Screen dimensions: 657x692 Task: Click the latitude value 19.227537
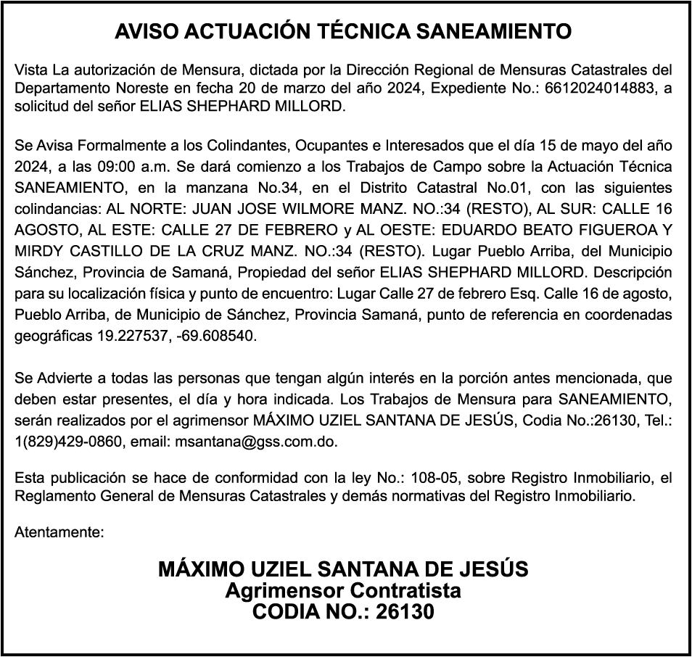[x=131, y=336]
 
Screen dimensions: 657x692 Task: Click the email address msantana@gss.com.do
[x=257, y=441]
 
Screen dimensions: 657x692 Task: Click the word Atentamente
[x=58, y=532]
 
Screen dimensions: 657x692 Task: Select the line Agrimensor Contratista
[x=343, y=590]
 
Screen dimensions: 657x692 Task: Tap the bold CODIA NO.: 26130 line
[x=343, y=612]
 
